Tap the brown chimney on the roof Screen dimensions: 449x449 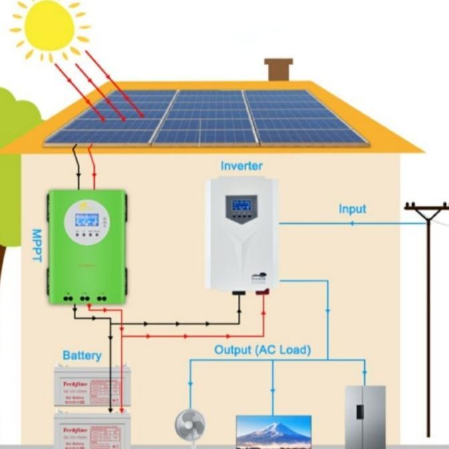point(279,69)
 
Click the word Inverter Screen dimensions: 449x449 point(241,166)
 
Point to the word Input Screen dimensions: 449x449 point(352,209)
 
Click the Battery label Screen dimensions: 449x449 point(82,355)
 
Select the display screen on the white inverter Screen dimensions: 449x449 point(241,204)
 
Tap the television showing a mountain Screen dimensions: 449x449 point(273,432)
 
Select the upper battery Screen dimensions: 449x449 point(92,387)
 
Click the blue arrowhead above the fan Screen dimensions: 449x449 point(190,387)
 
